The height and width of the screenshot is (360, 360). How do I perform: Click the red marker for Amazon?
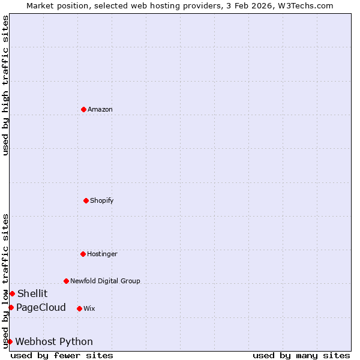click(x=83, y=109)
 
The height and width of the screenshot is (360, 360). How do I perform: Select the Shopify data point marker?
click(x=86, y=200)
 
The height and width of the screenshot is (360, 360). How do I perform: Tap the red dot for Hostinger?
click(x=83, y=254)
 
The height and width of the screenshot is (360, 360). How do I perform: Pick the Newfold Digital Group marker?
click(x=66, y=281)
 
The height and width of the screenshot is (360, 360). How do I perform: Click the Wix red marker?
click(x=79, y=308)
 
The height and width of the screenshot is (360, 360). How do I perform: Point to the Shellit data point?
click(x=12, y=293)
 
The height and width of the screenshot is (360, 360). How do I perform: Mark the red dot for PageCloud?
click(x=11, y=307)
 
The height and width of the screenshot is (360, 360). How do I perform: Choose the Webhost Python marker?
click(x=10, y=341)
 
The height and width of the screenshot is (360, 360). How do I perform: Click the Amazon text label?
click(x=100, y=109)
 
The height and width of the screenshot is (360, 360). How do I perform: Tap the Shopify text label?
click(x=102, y=200)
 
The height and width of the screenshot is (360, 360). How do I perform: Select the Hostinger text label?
click(x=102, y=254)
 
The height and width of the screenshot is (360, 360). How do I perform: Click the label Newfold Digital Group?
click(x=105, y=281)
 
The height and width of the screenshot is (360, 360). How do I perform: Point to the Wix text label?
click(x=89, y=308)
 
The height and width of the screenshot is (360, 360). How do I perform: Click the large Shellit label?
click(x=32, y=293)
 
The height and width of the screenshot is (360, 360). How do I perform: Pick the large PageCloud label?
click(x=41, y=307)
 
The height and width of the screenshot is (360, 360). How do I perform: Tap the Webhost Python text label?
click(x=54, y=341)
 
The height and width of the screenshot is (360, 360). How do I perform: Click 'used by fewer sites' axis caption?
click(x=62, y=355)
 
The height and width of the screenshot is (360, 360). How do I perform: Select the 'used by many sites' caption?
click(x=301, y=355)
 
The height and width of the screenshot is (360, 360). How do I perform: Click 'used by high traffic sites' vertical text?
click(x=5, y=85)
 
